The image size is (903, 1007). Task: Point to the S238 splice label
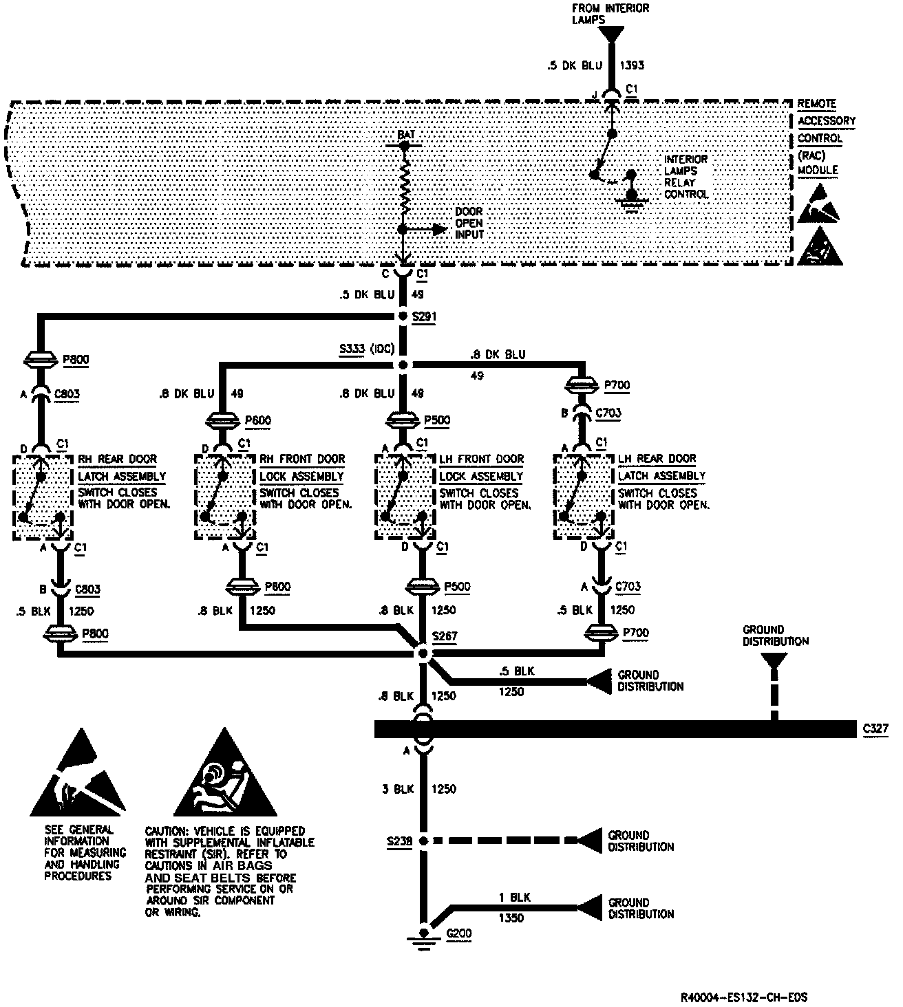pos(399,841)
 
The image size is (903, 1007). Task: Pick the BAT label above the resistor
pos(406,135)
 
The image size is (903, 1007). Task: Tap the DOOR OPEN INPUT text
pos(469,223)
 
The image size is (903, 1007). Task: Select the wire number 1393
pos(632,66)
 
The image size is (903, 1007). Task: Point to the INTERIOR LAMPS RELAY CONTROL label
pos(686,177)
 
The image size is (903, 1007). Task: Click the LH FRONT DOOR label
pos(481,459)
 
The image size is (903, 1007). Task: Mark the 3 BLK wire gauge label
pos(397,789)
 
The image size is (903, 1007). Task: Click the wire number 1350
pos(511,918)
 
